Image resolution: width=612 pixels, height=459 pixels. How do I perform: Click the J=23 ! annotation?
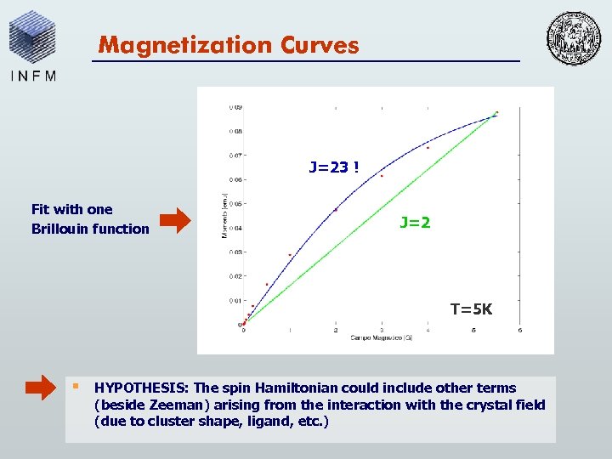[333, 167]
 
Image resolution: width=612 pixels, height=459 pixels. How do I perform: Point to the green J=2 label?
[415, 223]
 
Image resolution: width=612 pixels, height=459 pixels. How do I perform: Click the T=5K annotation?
[471, 309]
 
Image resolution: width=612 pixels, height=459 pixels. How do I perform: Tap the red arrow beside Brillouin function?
[176, 220]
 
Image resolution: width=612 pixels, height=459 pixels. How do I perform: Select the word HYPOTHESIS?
[137, 388]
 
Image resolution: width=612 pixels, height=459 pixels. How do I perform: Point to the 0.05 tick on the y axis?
[235, 204]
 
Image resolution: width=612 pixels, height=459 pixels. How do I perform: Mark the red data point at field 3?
[382, 176]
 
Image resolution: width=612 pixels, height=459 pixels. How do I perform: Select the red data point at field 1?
[290, 254]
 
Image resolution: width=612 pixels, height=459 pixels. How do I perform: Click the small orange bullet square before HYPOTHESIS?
[75, 386]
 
